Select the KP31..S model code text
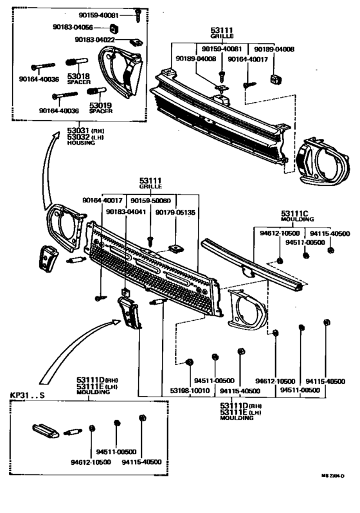[29, 394]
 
